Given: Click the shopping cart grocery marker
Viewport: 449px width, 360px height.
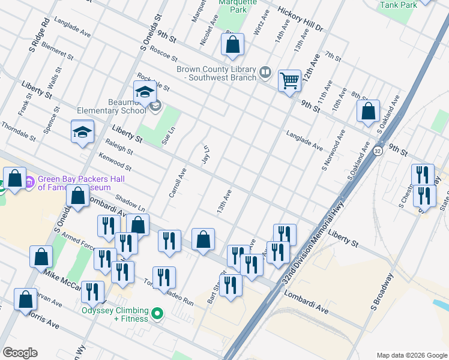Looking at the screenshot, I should coord(289,80).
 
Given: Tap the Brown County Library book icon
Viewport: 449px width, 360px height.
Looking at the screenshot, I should coord(265,73).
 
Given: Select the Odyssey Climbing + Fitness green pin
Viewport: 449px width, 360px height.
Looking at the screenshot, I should coord(157,313).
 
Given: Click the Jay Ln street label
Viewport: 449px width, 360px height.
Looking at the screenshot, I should coord(206,154).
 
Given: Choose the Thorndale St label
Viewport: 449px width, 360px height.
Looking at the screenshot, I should coord(18,130).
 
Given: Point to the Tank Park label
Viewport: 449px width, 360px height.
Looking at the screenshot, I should coord(398,5).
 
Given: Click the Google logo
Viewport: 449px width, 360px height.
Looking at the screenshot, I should coord(20,353).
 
